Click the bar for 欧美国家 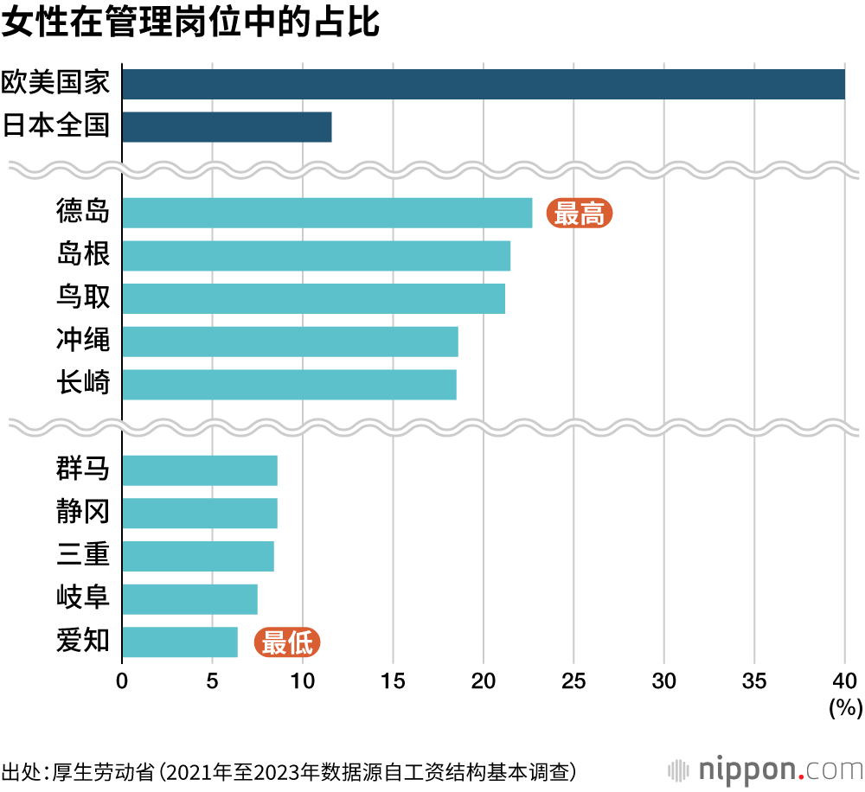483,84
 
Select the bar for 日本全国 227,126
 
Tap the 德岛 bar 327,213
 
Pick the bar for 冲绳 290,342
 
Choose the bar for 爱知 180,642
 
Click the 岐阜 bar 189,598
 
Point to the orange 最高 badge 580,213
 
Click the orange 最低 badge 287,642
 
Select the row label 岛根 83,255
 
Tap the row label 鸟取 83,298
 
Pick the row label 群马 83,469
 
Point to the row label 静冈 83,513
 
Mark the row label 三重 83,555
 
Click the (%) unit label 845,709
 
